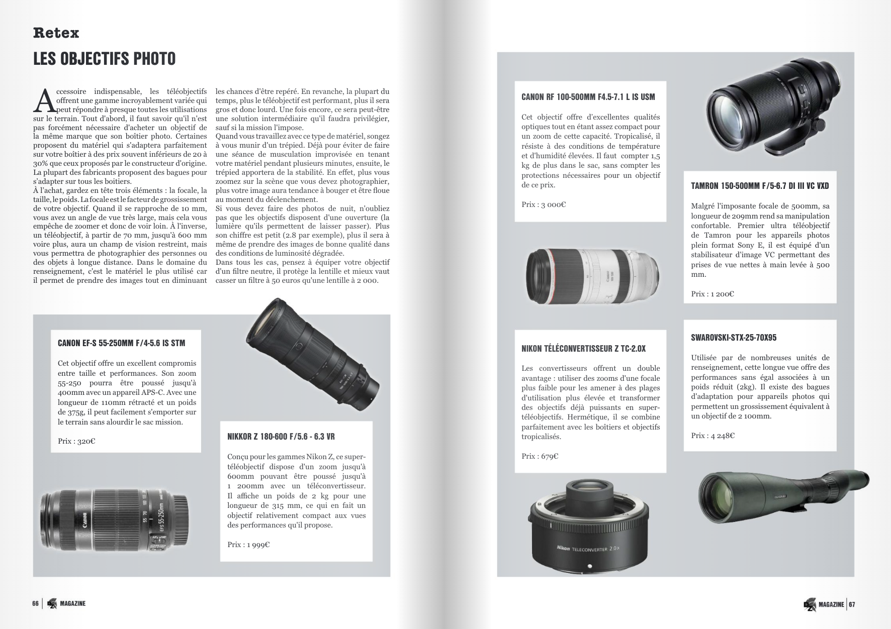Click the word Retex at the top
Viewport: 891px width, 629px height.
tap(56, 33)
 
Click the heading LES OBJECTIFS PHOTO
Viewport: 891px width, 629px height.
tap(105, 59)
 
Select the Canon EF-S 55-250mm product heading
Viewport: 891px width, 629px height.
tap(121, 343)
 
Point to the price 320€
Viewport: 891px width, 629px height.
tap(76, 441)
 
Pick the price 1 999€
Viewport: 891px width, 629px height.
tap(248, 544)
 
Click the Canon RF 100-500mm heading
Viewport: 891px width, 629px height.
tap(588, 97)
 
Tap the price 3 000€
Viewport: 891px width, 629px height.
tap(544, 204)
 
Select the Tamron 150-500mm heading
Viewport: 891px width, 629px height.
tap(760, 186)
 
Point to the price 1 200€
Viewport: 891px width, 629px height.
tap(712, 294)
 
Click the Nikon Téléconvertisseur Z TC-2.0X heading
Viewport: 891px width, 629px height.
tap(583, 349)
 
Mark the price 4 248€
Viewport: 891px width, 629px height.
tap(712, 436)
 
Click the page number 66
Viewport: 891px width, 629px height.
tap(36, 603)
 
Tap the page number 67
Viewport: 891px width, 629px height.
tap(852, 604)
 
